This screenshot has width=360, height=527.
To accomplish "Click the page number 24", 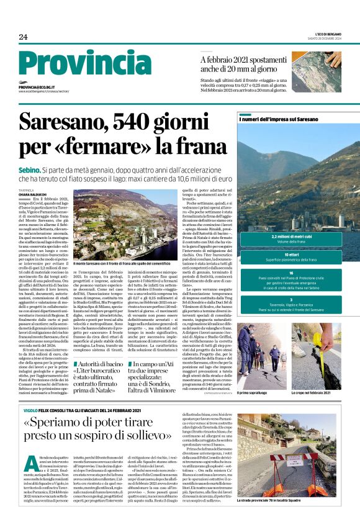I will point(23,37).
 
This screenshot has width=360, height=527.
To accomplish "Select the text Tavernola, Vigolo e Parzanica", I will point(291,305).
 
